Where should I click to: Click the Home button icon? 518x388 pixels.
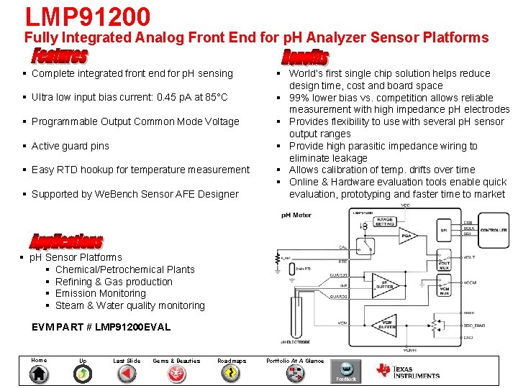tap(39, 374)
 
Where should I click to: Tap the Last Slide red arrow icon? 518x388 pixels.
tap(127, 374)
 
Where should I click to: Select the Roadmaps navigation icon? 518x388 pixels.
tap(232, 374)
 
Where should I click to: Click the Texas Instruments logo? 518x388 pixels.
tap(407, 371)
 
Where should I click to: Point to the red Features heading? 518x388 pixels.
tap(60, 55)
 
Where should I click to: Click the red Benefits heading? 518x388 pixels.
tap(304, 57)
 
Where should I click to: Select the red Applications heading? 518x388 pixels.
tap(66, 241)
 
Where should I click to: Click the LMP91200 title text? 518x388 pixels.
tap(87, 17)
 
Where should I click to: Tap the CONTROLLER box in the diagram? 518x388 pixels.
tap(494, 230)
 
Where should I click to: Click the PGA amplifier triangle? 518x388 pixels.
tap(407, 235)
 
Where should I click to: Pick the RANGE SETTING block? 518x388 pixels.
tap(385, 223)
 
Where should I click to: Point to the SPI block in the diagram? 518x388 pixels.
tap(443, 230)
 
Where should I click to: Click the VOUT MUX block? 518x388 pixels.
tap(444, 264)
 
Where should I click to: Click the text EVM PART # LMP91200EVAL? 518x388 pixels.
tap(101, 327)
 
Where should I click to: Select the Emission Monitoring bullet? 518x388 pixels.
tap(105, 293)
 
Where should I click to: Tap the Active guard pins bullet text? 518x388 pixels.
tap(71, 146)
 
